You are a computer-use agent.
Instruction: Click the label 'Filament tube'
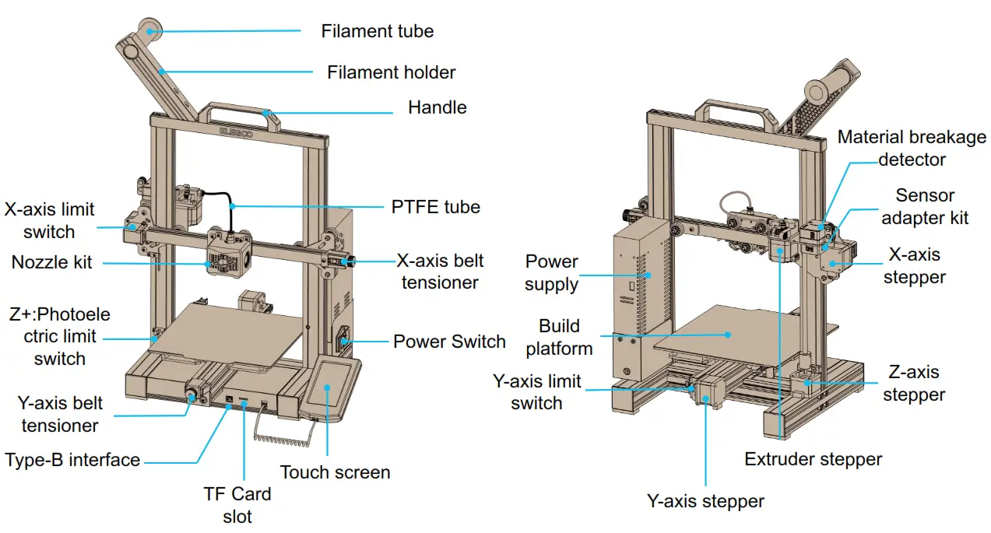pos(377,31)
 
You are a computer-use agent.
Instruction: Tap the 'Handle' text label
pos(437,107)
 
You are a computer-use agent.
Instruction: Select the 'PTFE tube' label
pos(435,207)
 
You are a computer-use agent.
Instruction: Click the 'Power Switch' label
pos(449,342)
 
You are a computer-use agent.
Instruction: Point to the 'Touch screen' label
pos(335,472)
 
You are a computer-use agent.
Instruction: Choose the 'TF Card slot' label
pos(237,504)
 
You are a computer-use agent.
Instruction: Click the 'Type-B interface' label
pos(72,460)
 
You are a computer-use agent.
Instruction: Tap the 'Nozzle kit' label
pos(51,262)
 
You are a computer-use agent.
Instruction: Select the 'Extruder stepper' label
pos(813,459)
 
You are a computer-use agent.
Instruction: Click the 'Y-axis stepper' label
pos(705,501)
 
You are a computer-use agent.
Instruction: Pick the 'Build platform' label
pos(559,337)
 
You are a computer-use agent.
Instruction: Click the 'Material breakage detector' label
pos(912,148)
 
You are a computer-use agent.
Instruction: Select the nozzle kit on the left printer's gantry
pos(227,253)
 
